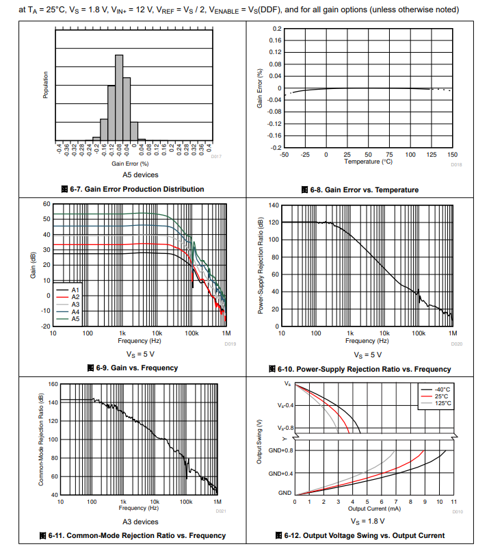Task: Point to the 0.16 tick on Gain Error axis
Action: [x=276, y=41]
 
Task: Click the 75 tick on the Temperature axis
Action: [x=389, y=155]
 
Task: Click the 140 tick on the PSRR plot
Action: [x=274, y=205]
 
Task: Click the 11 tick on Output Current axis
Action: [x=453, y=502]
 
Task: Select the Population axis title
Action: [x=46, y=85]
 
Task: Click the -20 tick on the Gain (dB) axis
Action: [x=45, y=326]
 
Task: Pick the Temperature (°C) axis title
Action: [x=368, y=162]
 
